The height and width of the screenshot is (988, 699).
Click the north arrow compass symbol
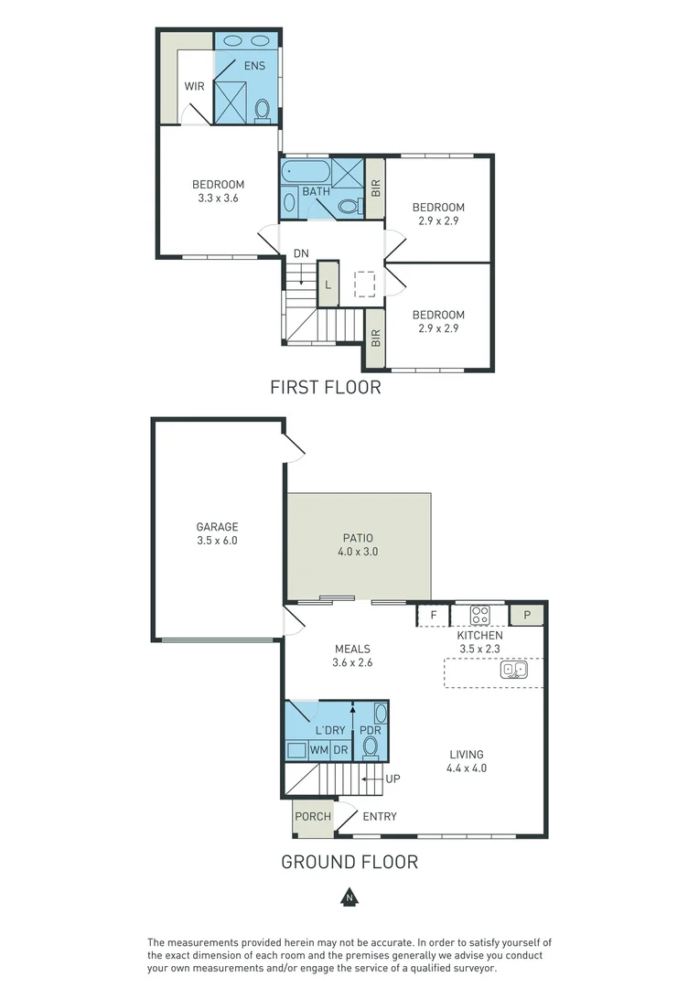[x=349, y=897]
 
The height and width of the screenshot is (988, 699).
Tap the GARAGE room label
[x=217, y=533]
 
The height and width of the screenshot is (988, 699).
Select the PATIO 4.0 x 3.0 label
[x=358, y=545]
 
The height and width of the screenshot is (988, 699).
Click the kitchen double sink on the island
[x=512, y=670]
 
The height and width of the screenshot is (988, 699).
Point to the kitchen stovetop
[x=481, y=615]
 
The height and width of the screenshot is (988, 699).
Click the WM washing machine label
[x=318, y=750]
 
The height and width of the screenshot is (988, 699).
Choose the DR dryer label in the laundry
[x=340, y=750]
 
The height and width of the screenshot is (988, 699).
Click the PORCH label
[x=312, y=817]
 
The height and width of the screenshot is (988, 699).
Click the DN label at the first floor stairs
[x=300, y=253]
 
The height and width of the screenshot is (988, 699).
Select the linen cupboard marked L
[x=328, y=285]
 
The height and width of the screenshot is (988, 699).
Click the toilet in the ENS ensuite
[x=263, y=111]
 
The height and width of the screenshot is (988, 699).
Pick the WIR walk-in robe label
[x=195, y=87]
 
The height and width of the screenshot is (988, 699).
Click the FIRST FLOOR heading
[x=325, y=388]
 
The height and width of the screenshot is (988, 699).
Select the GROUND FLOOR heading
[x=349, y=862]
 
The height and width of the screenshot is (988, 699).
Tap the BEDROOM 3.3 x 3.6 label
[x=218, y=190]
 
